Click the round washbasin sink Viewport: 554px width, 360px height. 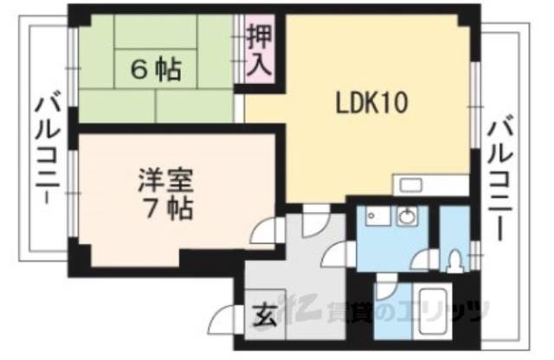point(405,217)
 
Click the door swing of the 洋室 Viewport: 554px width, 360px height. point(265,229)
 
